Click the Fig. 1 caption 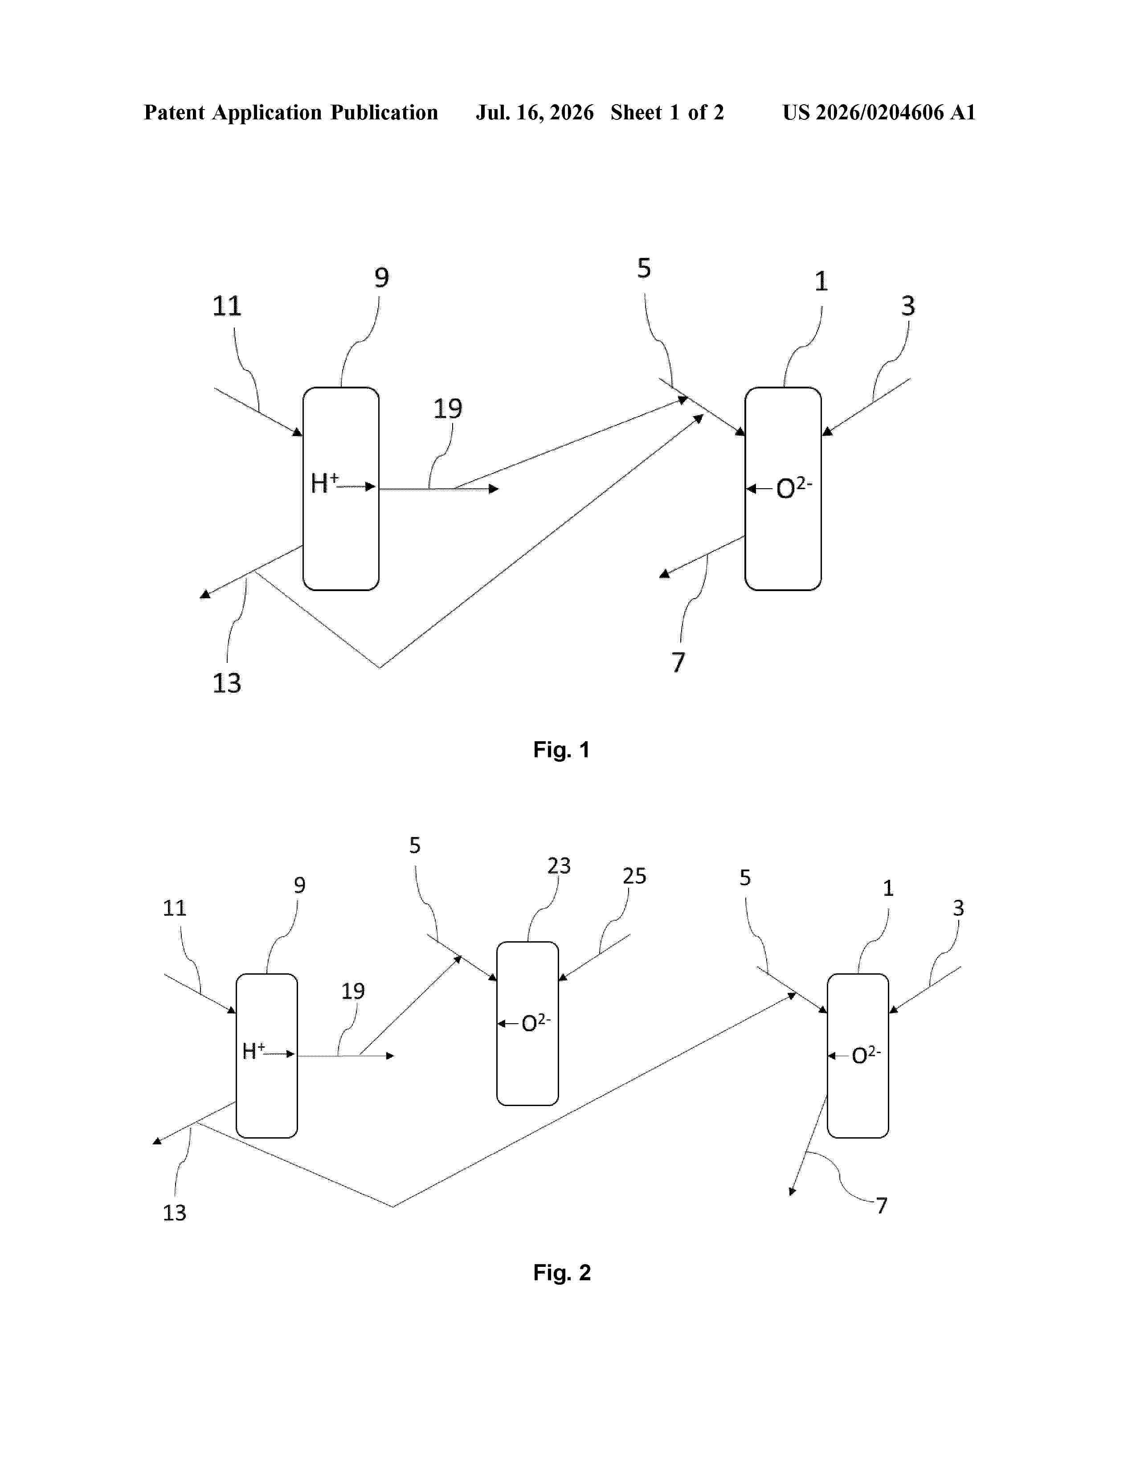pyautogui.click(x=561, y=749)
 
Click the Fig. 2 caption pyautogui.click(x=562, y=1272)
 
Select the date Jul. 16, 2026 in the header pyautogui.click(x=535, y=112)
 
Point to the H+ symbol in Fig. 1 pyautogui.click(x=324, y=482)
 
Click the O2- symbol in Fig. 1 pyautogui.click(x=794, y=487)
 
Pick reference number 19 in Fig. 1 pyautogui.click(x=448, y=408)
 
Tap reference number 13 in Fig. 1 pyautogui.click(x=227, y=683)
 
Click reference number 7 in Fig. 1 pyautogui.click(x=678, y=662)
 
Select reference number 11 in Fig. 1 pyautogui.click(x=227, y=306)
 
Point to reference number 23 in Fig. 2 pyautogui.click(x=559, y=866)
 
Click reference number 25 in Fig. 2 pyautogui.click(x=634, y=876)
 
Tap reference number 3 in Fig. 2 pyautogui.click(x=958, y=908)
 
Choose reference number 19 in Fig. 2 pyautogui.click(x=353, y=991)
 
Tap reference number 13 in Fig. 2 pyautogui.click(x=174, y=1212)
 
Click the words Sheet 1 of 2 pyautogui.click(x=667, y=112)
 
